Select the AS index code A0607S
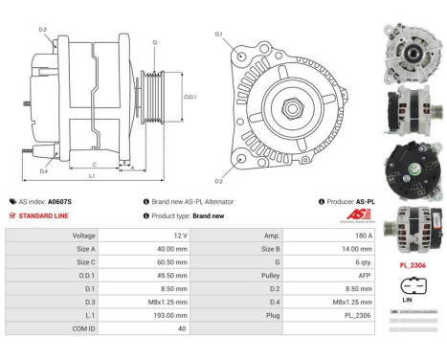[60, 202]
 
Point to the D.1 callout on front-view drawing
[218, 34]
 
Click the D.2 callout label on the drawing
[218, 180]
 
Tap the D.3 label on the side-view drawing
[43, 30]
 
